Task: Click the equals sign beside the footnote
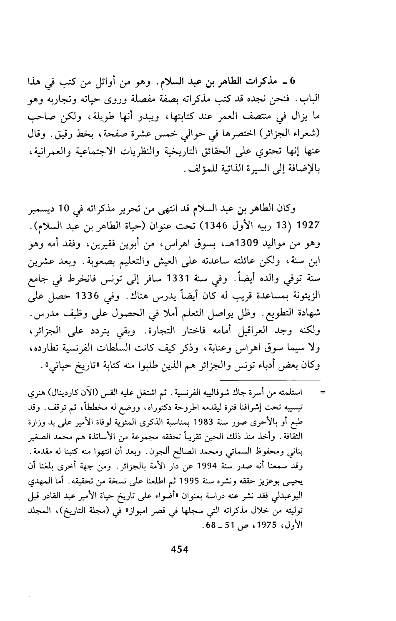point(321,392)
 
